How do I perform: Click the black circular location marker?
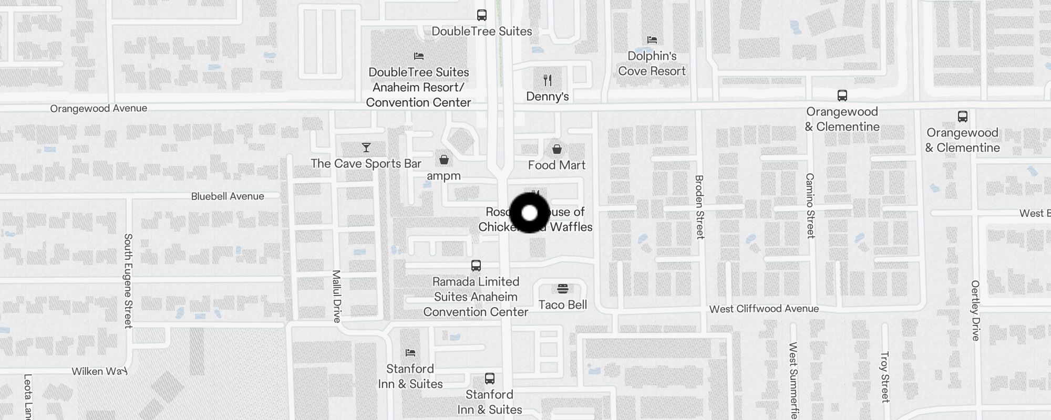click(x=530, y=213)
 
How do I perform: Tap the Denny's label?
click(x=548, y=96)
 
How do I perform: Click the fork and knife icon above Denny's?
click(x=548, y=80)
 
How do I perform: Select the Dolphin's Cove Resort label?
click(x=652, y=64)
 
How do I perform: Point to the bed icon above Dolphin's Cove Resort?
click(x=652, y=40)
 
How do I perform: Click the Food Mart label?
click(x=557, y=165)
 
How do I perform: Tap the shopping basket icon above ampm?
click(x=444, y=159)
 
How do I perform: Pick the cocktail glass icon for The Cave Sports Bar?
click(x=366, y=148)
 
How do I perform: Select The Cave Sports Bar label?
click(x=366, y=164)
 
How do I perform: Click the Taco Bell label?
click(x=562, y=304)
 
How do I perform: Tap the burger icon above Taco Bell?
click(x=563, y=289)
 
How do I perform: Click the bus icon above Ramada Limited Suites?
click(x=476, y=266)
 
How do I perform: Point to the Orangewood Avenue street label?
click(x=99, y=109)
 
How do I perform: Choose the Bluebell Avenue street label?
click(x=228, y=196)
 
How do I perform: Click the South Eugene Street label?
click(x=128, y=281)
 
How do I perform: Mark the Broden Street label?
click(x=699, y=207)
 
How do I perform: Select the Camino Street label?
click(x=810, y=206)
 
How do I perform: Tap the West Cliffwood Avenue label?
click(x=764, y=309)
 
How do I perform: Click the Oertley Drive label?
click(x=975, y=310)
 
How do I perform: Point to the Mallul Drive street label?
click(x=337, y=296)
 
